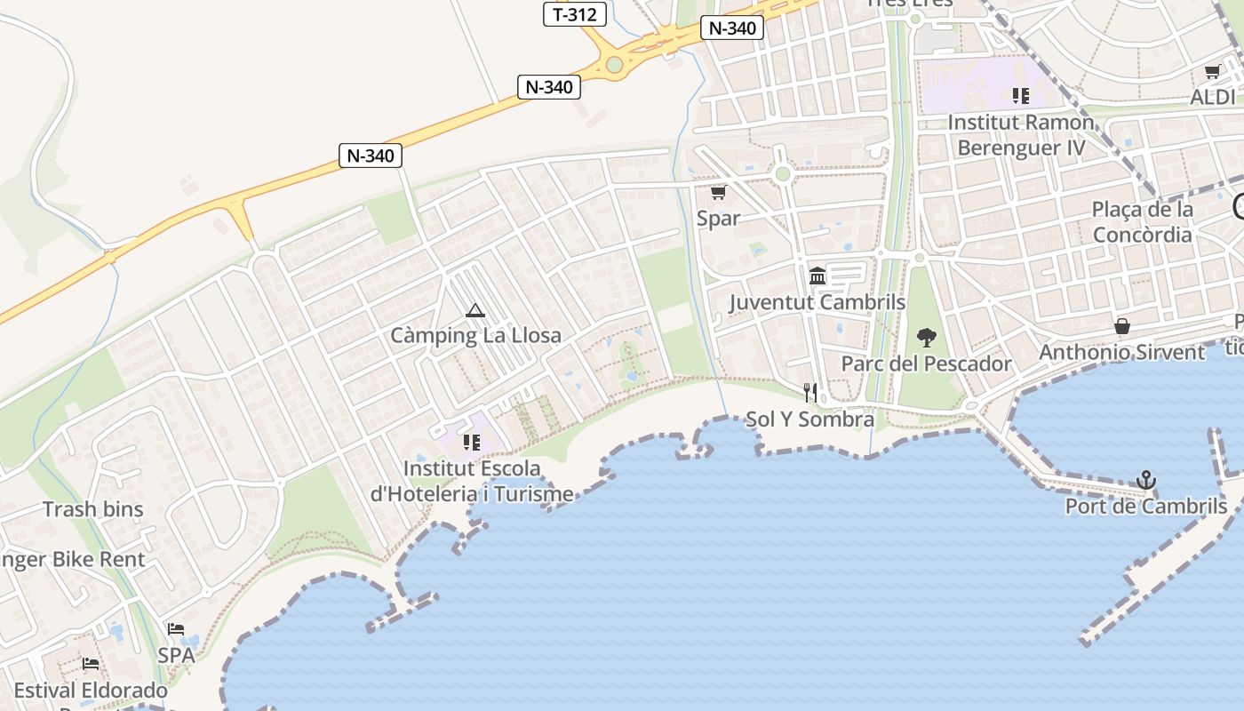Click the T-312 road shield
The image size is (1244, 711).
click(575, 14)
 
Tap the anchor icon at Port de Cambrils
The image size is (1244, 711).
click(1146, 481)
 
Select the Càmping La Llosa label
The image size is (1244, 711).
click(475, 336)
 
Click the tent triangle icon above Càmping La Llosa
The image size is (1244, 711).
click(474, 310)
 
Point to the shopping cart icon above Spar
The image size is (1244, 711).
click(718, 192)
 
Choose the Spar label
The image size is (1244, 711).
click(718, 218)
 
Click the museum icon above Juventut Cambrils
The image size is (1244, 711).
click(817, 276)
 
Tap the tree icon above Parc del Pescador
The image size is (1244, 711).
click(926, 338)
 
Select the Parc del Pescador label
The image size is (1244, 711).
click(926, 363)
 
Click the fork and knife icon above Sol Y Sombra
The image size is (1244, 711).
click(809, 392)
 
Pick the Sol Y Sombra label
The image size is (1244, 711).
click(809, 419)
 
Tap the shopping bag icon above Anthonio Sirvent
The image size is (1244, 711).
click(1122, 326)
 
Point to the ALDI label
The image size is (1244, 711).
click(1212, 97)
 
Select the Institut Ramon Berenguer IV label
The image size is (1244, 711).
click(1021, 135)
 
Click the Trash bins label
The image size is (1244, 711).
click(92, 509)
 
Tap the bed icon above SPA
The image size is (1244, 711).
click(176, 629)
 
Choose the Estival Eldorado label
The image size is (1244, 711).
click(91, 691)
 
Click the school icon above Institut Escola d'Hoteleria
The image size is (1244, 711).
click(471, 442)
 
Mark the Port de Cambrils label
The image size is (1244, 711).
click(1145, 507)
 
